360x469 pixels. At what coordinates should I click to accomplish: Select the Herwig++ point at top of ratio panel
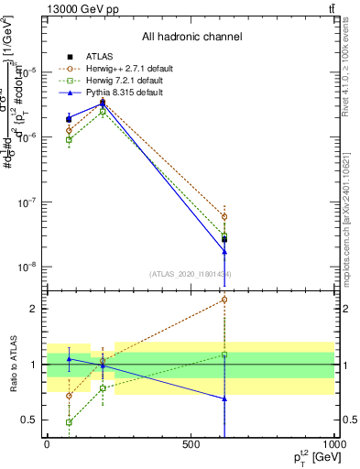pyautogui.click(x=224, y=300)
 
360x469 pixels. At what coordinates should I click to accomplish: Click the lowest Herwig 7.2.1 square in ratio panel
pyautogui.click(x=70, y=422)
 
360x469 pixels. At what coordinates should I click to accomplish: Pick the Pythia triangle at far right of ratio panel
pyautogui.click(x=224, y=398)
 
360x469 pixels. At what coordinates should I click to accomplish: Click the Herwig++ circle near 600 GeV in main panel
pyautogui.click(x=224, y=217)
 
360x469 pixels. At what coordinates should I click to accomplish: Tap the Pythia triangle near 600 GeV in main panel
pyautogui.click(x=224, y=252)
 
